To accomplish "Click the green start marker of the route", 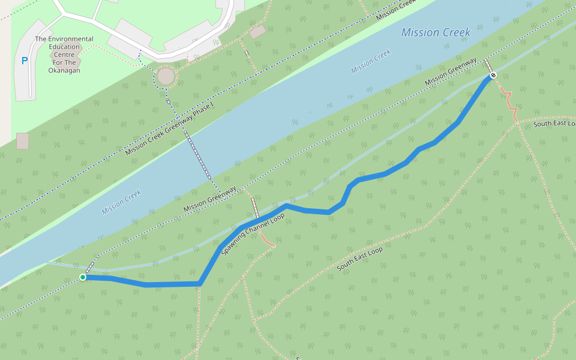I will click(82, 277).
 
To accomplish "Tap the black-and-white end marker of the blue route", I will click(493, 75).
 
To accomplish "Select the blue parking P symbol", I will click(25, 60).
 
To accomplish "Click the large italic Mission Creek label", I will click(436, 32).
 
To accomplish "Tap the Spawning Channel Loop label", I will click(253, 234).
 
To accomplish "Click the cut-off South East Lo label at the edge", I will click(554, 124).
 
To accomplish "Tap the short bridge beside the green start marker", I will click(91, 266).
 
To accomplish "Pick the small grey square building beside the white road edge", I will click(22, 141).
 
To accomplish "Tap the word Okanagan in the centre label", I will click(64, 70).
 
